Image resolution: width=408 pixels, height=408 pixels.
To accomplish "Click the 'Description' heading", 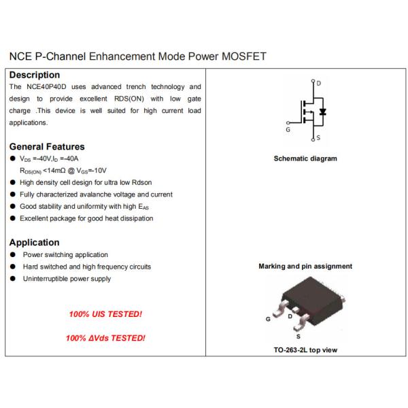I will (x=34, y=75).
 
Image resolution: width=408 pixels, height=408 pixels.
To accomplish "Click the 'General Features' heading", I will (x=47, y=147).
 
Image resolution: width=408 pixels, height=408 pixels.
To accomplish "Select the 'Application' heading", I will (x=34, y=243).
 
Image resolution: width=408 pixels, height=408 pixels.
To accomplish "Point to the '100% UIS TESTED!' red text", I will (x=105, y=315).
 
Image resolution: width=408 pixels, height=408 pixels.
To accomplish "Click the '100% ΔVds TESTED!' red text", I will (x=106, y=338).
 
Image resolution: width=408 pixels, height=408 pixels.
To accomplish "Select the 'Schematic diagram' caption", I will (x=305, y=159).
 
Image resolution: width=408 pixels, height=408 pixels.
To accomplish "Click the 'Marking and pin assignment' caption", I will (x=305, y=267).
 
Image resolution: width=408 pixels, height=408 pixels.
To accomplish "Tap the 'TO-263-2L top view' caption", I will (x=305, y=351).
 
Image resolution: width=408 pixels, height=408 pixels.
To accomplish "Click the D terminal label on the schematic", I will (x=319, y=83).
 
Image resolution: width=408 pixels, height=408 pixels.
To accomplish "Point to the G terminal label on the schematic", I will (x=288, y=130).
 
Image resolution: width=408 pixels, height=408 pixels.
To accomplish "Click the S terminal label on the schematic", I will (x=318, y=139).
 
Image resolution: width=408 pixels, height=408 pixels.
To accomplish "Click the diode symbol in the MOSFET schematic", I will (x=323, y=111).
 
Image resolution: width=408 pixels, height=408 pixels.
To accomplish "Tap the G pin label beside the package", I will (x=268, y=319).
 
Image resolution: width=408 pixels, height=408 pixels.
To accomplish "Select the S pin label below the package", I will (x=297, y=335).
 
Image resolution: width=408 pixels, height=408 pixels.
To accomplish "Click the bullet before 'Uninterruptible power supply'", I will (x=14, y=279).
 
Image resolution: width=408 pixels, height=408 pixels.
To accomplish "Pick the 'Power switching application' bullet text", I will (x=65, y=255).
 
